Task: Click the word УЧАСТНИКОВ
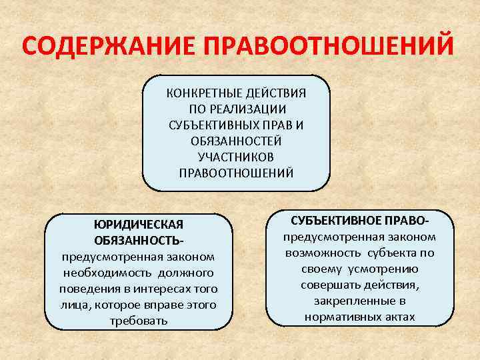point(236,157)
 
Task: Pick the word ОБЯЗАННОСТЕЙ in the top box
point(236,141)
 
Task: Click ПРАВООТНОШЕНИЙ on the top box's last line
point(236,173)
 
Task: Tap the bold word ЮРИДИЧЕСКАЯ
point(139,224)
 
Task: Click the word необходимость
point(107,273)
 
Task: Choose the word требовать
point(139,321)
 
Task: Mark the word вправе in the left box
point(178,305)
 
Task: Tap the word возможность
point(323,253)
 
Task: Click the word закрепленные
point(349,301)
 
